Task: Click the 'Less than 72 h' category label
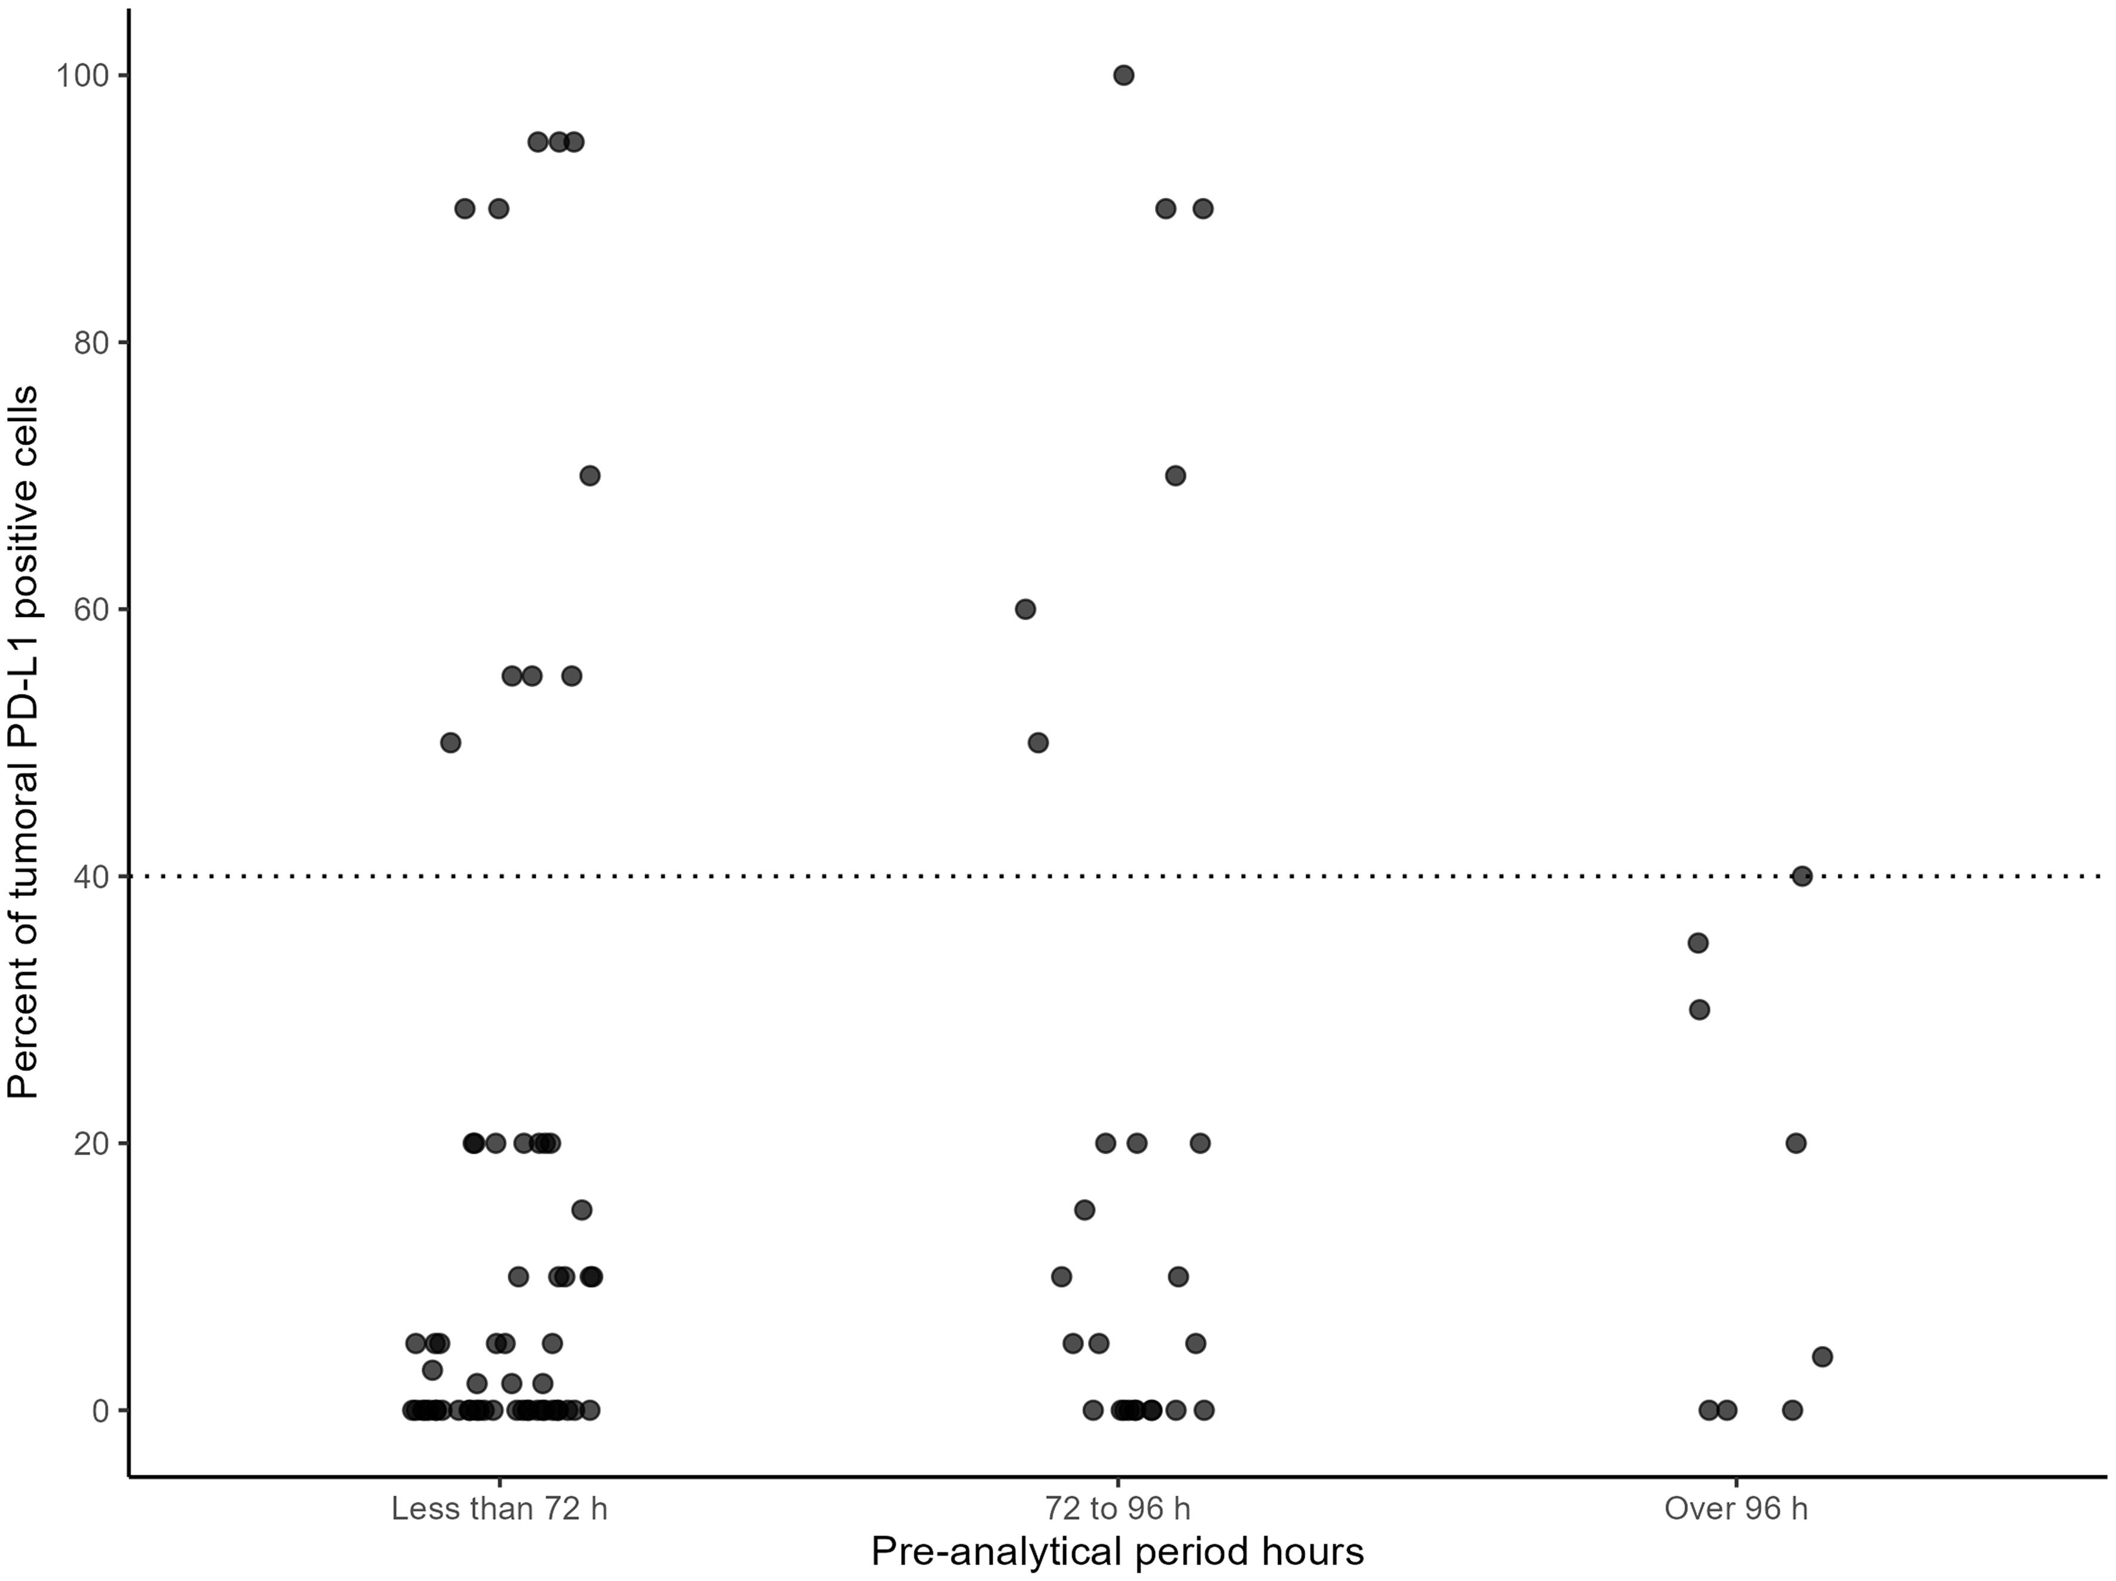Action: coord(499,1509)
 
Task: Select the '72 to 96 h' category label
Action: coord(1117,1509)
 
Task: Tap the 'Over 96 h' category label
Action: coord(1736,1509)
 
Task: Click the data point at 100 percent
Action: coord(1124,76)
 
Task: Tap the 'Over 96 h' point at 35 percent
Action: coord(1698,943)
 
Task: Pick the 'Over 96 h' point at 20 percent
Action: coord(1795,1143)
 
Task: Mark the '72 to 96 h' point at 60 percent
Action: coord(1024,609)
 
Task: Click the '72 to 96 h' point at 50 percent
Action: coord(1038,742)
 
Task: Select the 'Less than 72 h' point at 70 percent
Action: coord(590,475)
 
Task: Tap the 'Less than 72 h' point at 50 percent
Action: coord(450,742)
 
